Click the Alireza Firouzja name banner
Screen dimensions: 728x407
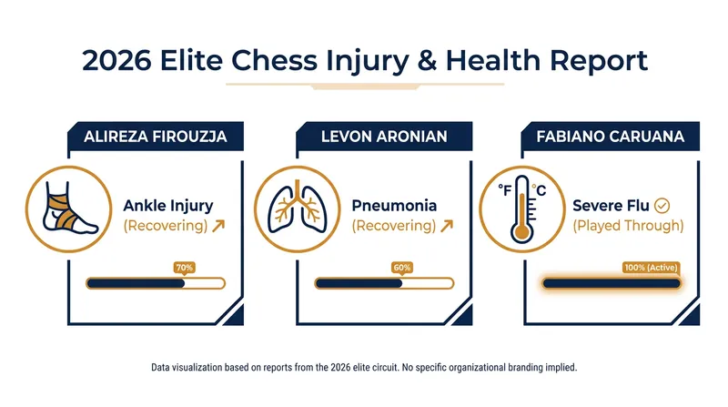156,137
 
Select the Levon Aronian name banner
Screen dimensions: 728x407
384,137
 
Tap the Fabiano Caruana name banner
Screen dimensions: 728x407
610,137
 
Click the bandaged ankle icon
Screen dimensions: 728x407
69,209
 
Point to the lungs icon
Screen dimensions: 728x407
298,209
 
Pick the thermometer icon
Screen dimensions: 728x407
522,209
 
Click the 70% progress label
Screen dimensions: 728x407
185,268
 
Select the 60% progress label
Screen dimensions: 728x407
401,268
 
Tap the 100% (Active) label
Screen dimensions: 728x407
651,268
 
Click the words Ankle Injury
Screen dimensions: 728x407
168,206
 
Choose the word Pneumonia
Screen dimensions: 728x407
394,206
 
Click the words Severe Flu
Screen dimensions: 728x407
611,206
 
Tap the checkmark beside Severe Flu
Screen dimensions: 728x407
662,206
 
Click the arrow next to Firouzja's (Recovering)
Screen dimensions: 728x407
218,226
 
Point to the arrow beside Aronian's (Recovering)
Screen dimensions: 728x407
447,226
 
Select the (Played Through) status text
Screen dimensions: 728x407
628,226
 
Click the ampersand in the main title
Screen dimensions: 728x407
427,60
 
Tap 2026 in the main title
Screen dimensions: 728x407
116,60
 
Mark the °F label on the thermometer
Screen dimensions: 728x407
505,190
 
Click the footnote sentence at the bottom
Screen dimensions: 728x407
364,368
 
